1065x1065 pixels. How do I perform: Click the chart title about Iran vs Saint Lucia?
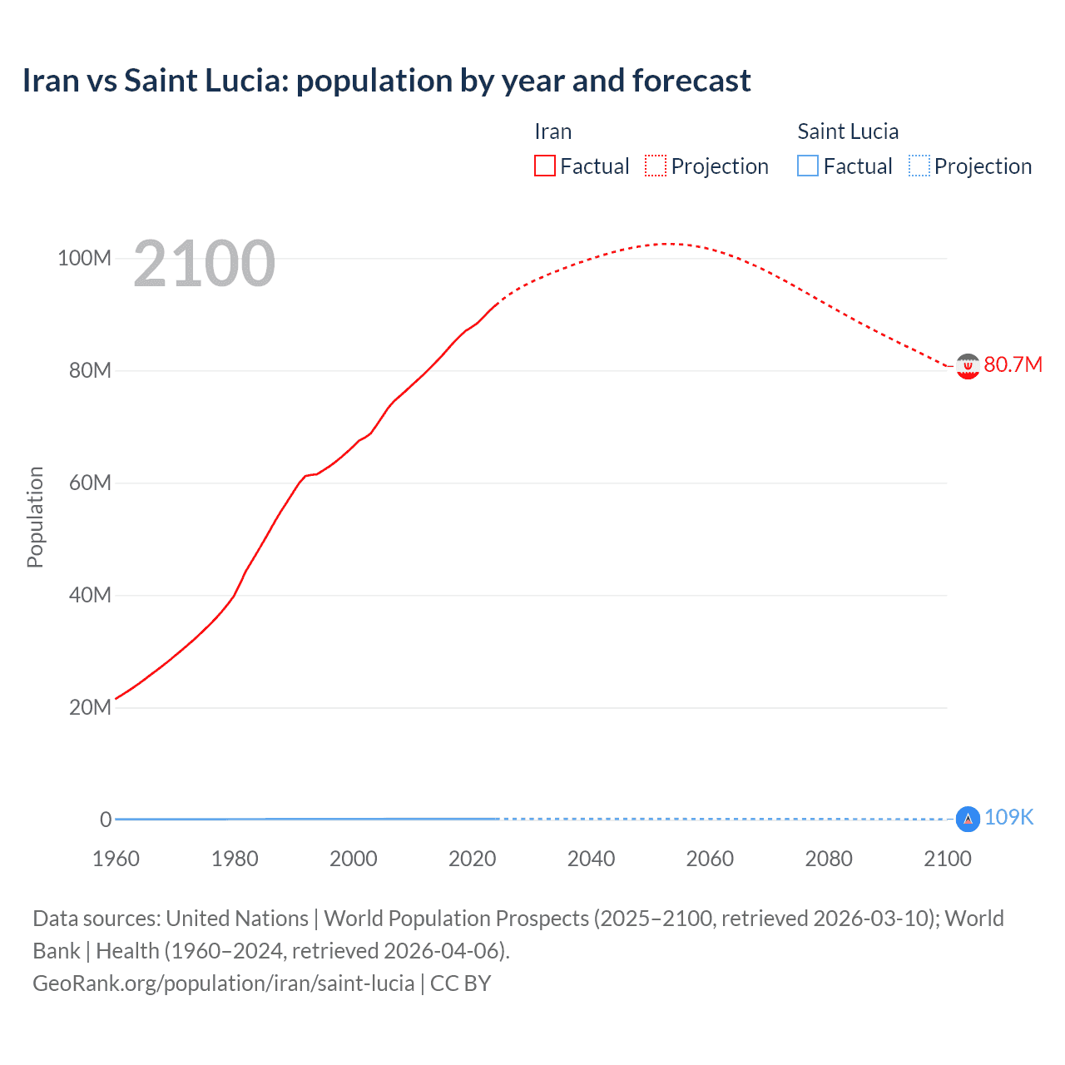pos(386,81)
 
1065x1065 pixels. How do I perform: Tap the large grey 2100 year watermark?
pos(204,264)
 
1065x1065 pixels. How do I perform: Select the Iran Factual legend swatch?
pos(544,166)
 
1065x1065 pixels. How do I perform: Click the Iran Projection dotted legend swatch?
pos(656,166)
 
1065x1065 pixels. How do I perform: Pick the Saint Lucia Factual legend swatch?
pos(807,166)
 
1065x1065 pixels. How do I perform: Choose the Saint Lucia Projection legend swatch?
pos(919,166)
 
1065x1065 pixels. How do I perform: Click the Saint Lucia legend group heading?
pos(847,131)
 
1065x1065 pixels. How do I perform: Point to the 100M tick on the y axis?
pos(84,258)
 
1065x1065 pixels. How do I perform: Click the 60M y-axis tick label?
pos(89,483)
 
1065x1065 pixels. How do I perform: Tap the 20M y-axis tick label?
pos(89,707)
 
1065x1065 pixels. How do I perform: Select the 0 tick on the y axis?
pos(106,820)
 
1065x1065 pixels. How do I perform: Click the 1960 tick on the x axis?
pos(116,859)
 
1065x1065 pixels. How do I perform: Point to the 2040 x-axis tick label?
pos(591,859)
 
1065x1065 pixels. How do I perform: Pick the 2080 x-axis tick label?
pos(829,859)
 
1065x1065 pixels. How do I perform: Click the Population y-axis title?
pos(35,517)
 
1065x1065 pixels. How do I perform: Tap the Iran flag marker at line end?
pos(967,366)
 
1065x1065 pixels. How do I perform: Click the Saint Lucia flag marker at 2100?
pos(967,820)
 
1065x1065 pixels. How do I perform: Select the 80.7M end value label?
pos(1013,364)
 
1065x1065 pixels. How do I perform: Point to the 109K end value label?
pos(1008,817)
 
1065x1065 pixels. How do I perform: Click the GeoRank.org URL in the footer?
pos(223,983)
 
